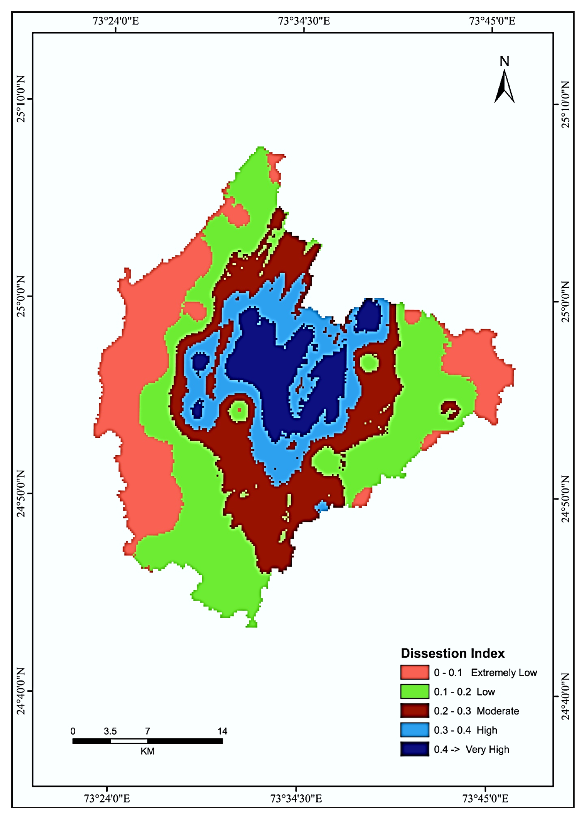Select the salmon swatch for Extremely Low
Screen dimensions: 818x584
[415, 672]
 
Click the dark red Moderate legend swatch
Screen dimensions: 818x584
[415, 711]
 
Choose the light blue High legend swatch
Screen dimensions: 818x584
[415, 730]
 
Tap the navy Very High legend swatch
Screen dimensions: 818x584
[415, 749]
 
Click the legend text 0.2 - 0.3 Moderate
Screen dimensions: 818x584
[476, 711]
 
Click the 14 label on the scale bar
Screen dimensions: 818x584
[222, 731]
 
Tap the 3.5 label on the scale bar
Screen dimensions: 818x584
[110, 731]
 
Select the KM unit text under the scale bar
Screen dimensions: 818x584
[147, 751]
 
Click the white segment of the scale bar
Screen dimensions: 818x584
[129, 741]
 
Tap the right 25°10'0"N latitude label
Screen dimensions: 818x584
[565, 104]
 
